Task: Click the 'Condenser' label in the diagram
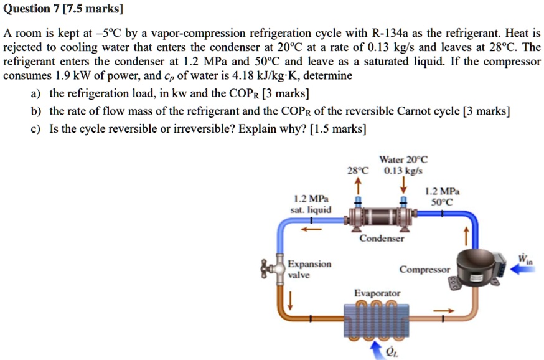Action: point(382,239)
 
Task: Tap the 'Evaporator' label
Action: point(377,293)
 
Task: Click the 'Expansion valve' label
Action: point(309,269)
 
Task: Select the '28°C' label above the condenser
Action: point(358,169)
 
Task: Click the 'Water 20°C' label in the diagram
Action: point(403,159)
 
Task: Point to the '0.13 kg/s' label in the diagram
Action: point(403,169)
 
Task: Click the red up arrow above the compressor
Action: point(464,236)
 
